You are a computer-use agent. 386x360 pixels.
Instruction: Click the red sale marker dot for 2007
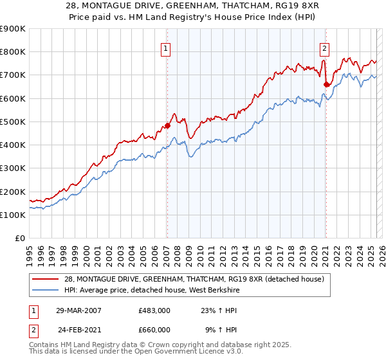[167, 126]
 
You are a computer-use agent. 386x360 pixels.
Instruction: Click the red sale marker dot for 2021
[326, 84]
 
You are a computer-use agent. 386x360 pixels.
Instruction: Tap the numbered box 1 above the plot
[166, 48]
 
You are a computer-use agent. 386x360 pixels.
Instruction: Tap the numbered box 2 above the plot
[324, 48]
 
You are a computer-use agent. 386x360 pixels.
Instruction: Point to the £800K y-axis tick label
[13, 52]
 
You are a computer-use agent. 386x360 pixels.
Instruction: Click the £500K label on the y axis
[13, 122]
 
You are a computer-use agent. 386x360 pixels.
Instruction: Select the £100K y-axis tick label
[13, 215]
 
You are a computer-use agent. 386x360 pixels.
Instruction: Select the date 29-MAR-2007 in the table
[78, 310]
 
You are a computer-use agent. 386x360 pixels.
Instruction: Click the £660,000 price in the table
[154, 329]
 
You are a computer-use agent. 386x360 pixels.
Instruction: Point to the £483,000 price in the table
[154, 310]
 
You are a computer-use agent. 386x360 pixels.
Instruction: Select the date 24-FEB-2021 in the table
[80, 329]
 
